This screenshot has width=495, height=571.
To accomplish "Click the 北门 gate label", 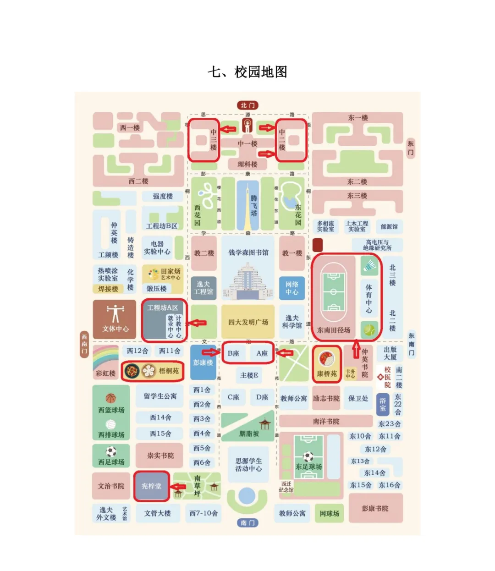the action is click(x=247, y=105).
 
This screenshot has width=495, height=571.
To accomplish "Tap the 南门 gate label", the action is click(x=247, y=522).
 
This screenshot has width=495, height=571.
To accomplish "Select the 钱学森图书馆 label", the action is click(x=248, y=253).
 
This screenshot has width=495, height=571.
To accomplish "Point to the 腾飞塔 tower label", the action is click(x=253, y=206).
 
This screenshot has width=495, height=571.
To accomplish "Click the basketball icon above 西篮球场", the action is click(x=110, y=398).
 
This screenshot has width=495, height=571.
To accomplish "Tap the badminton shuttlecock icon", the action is click(x=369, y=265).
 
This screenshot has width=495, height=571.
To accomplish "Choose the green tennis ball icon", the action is click(x=369, y=329).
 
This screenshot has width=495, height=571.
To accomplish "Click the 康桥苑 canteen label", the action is click(x=327, y=373).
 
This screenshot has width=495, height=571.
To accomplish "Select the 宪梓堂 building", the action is click(x=151, y=486).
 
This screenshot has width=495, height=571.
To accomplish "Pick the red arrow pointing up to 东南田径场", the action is click(x=356, y=349).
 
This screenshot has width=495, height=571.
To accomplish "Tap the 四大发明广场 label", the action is click(x=248, y=322).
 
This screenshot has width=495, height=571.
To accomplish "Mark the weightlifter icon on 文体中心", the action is click(x=115, y=313).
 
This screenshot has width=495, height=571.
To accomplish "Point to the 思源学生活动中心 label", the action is click(x=248, y=465).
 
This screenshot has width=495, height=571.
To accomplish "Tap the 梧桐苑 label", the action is click(x=169, y=371).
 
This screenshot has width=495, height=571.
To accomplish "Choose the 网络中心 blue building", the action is click(x=292, y=288).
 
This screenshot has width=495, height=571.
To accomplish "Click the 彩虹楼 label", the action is click(x=105, y=373).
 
